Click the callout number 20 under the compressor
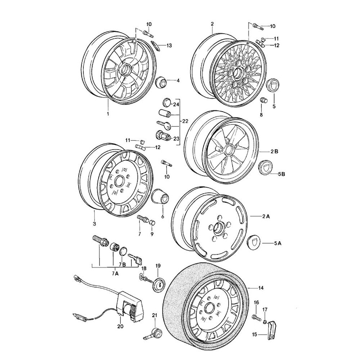pos(120,327)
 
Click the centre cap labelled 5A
pos(255,242)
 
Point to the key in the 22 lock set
pos(164,125)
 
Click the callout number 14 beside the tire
pos(261,288)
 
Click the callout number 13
pos(169,45)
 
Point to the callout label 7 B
pos(122,265)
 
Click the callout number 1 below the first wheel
pos(108,114)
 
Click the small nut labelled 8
pos(263,100)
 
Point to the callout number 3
pos(94,224)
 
